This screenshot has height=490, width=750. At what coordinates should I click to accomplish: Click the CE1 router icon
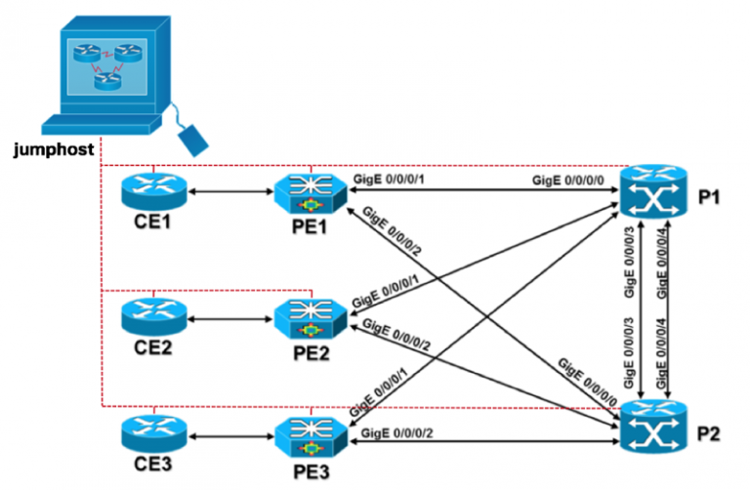coord(154,190)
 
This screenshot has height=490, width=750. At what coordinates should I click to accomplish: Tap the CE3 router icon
coord(154,433)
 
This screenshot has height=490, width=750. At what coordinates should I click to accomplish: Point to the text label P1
coord(711,197)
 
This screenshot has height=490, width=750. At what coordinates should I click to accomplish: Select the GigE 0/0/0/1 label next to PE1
coord(392,180)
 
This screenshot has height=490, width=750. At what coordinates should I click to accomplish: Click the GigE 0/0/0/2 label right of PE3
coord(397,431)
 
